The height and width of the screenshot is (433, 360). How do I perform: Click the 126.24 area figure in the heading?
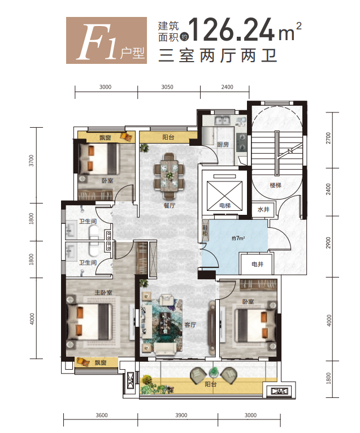pos(232,29)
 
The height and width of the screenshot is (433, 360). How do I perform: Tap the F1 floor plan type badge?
pos(106,40)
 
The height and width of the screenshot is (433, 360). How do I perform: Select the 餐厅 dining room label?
pos(170,205)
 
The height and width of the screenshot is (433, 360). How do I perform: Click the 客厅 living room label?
pos(190,324)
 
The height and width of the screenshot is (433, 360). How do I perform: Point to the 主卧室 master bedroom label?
pos(103,292)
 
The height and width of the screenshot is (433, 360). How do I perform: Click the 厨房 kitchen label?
pos(223,144)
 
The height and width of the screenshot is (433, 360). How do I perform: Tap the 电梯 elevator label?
pos(225,205)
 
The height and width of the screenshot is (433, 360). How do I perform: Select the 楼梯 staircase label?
pos(276,185)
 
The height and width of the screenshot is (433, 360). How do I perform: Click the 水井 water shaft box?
pos(263,210)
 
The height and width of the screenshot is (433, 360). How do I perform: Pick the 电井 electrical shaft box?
pos(257,264)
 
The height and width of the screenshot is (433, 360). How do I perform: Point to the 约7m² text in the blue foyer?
pos(238,238)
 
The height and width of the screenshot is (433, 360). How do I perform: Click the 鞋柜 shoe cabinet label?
pos(205,230)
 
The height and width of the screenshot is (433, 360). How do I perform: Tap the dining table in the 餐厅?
pos(169,176)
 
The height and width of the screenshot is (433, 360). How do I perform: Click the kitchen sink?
pos(222,120)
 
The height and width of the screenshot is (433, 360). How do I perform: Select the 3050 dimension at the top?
pos(167,87)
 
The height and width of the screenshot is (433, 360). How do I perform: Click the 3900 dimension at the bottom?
pos(181,415)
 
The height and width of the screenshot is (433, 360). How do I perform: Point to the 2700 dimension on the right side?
pos(328,138)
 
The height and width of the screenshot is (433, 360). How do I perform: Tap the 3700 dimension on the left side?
pos(31,161)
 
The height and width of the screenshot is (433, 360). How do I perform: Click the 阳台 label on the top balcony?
pos(168,137)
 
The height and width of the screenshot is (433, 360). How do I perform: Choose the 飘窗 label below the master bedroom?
pos(101,362)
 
